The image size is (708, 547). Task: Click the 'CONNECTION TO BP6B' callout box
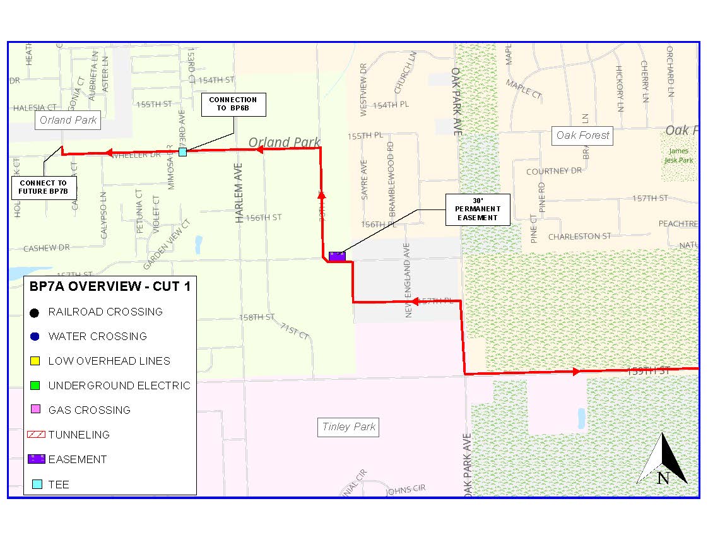click(233, 105)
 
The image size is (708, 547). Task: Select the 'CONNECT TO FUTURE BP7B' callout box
click(43, 187)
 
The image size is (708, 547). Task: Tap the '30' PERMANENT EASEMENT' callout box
click(477, 209)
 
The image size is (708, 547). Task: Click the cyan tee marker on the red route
click(182, 152)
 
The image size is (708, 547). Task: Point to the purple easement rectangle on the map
click(337, 256)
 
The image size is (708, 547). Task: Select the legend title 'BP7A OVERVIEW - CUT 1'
click(110, 286)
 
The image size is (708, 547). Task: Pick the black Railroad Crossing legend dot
click(35, 312)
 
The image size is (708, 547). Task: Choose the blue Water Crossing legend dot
click(35, 337)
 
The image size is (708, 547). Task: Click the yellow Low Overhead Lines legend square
click(35, 362)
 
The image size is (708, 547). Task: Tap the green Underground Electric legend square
click(35, 385)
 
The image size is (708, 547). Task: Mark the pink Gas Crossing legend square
click(35, 410)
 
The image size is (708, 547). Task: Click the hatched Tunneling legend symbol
click(37, 435)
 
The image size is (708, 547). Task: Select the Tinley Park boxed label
click(349, 427)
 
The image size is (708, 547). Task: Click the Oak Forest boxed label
click(582, 135)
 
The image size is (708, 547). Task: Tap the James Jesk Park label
click(679, 155)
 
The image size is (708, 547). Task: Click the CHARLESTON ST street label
click(579, 237)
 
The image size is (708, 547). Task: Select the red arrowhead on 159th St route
click(576, 372)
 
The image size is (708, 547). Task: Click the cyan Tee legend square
click(37, 485)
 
